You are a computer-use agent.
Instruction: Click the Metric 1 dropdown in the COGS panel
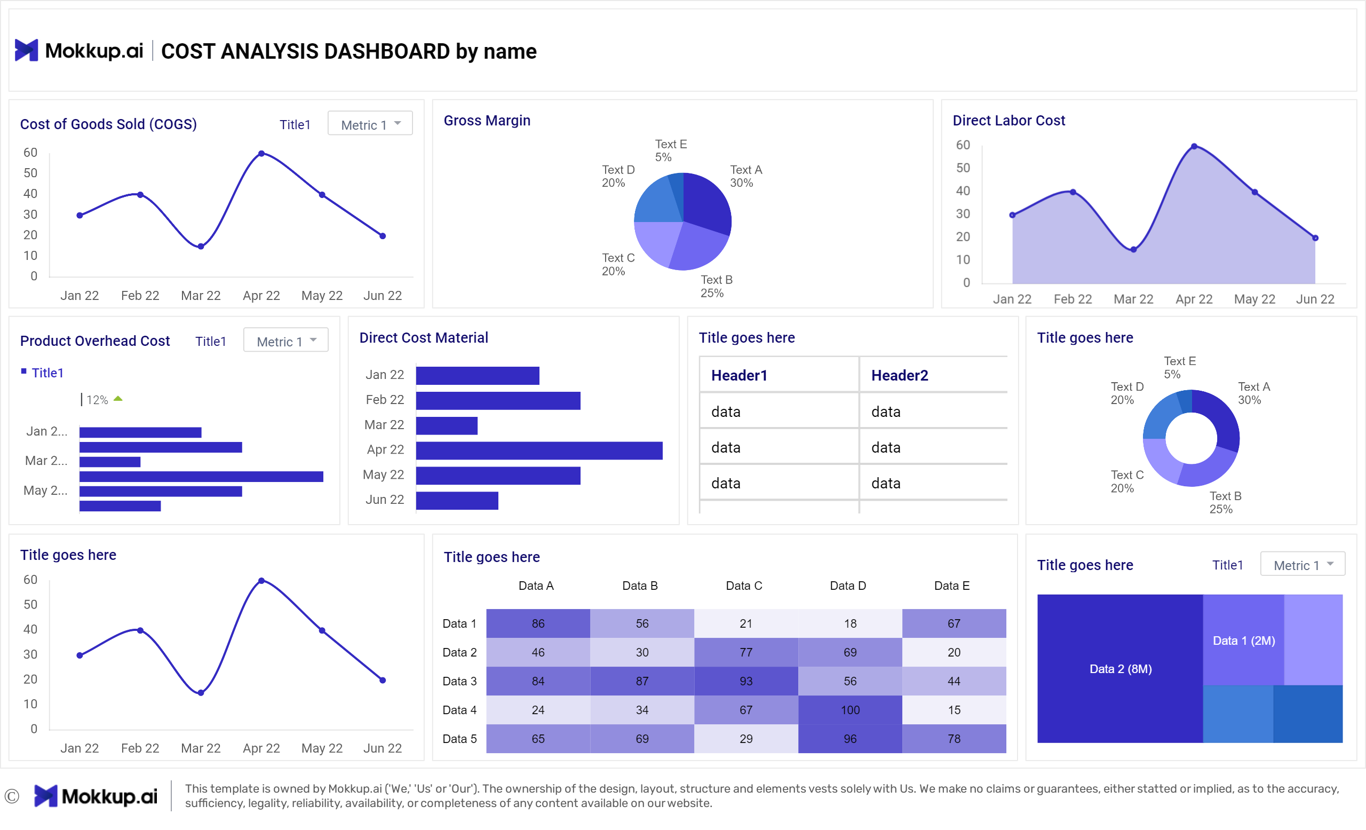[x=370, y=124]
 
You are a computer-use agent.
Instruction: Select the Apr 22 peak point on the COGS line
[x=261, y=154]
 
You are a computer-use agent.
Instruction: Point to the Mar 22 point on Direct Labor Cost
[x=1133, y=249]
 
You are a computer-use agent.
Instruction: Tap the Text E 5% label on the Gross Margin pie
[x=670, y=150]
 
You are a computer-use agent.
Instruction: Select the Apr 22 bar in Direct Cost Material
[x=539, y=450]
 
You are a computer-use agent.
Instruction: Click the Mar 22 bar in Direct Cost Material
[x=446, y=425]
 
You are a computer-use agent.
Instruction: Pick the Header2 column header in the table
[x=899, y=375]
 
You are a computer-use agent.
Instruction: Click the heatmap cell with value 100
[x=849, y=710]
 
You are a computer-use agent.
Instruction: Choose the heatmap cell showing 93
[x=745, y=681]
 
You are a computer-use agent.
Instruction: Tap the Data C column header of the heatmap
[x=743, y=586]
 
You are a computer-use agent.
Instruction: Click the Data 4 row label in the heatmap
[x=459, y=710]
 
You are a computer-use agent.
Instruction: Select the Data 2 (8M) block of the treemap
[x=1120, y=669]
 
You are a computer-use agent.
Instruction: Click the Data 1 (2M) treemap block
[x=1243, y=641]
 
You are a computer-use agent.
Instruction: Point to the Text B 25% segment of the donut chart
[x=1206, y=472]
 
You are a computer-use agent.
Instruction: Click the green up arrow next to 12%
[x=118, y=399]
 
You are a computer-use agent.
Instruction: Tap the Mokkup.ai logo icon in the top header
[x=26, y=51]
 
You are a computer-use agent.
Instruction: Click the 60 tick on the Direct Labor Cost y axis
[x=963, y=145]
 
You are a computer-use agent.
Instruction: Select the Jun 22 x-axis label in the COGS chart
[x=382, y=296]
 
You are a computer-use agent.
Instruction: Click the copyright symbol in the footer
[x=12, y=796]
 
